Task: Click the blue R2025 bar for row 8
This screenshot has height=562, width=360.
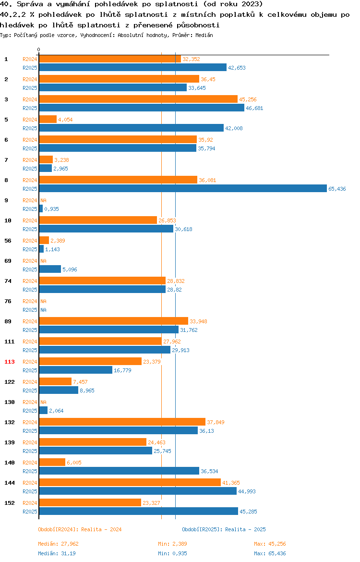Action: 182,188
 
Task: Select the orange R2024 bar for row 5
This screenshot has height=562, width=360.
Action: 48,119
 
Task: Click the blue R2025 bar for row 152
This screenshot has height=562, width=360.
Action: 138,511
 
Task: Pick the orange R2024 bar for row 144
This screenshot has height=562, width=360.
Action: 130,482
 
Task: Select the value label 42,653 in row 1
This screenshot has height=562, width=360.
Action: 237,68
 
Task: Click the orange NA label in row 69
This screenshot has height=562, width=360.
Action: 43,261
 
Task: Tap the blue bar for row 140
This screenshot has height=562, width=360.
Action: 119,471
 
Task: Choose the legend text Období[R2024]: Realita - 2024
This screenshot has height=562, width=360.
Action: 80,529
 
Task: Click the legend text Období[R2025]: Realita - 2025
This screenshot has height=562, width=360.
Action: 224,529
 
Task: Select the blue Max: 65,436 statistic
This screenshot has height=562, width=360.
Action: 270,553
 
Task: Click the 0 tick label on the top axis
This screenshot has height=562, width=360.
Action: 39,49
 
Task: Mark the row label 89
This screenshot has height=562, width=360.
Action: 8,321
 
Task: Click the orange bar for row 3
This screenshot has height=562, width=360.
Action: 138,99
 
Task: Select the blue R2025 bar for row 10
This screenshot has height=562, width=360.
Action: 106,229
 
